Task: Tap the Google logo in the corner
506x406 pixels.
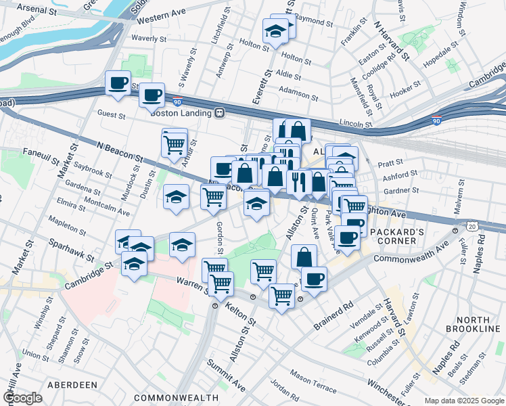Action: [x=22, y=398]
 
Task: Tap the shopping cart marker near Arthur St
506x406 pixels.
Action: [x=175, y=143]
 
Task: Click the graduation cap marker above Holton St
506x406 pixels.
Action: [x=275, y=30]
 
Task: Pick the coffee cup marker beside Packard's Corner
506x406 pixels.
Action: [x=347, y=238]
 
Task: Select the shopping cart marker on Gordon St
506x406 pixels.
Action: [x=213, y=196]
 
